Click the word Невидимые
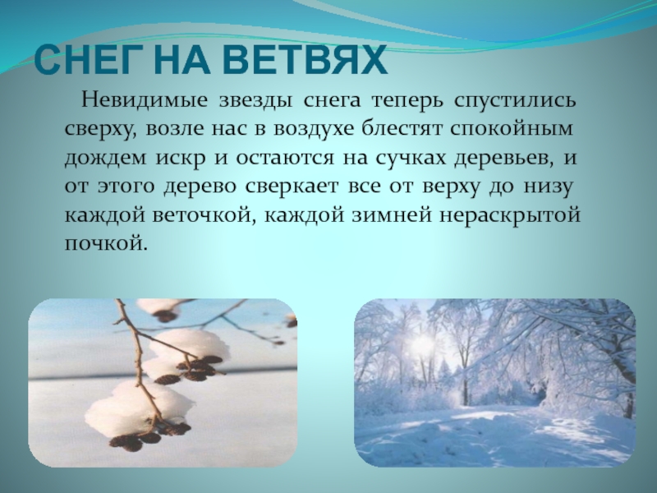pyautogui.click(x=145, y=100)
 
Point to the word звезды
pyautogui.click(x=255, y=101)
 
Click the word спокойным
pyautogui.click(x=512, y=128)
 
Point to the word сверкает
pyautogui.click(x=292, y=187)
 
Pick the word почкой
pyautogui.click(x=107, y=243)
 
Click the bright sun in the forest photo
pyautogui.click(x=420, y=344)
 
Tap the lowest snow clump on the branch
pyautogui.click(x=139, y=407)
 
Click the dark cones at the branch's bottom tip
pyautogui.click(x=134, y=440)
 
